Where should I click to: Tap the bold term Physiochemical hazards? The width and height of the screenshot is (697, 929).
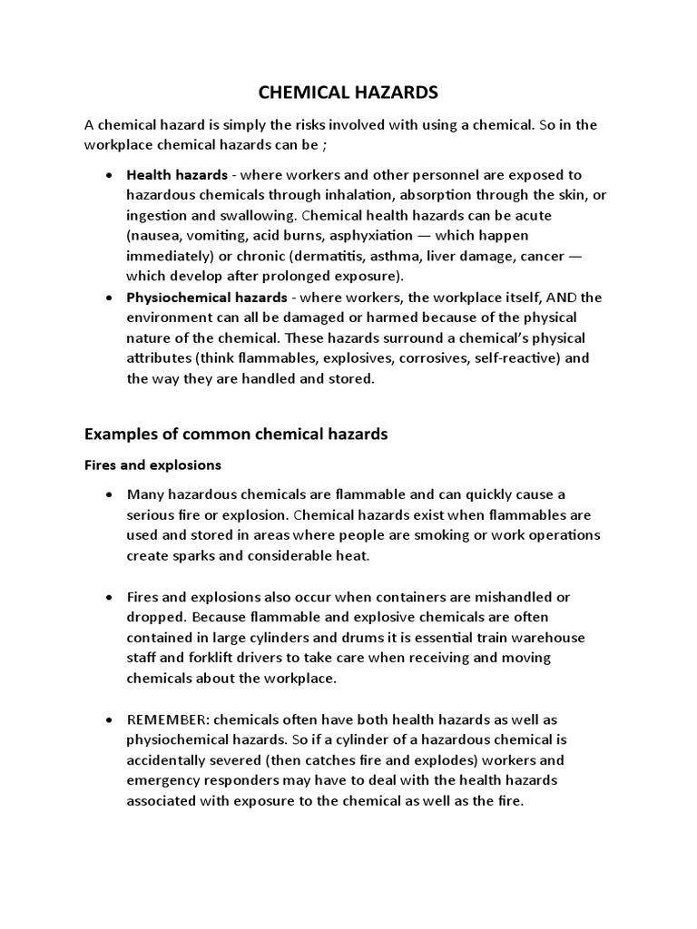[207, 298]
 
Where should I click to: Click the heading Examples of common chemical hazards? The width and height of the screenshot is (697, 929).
[235, 435]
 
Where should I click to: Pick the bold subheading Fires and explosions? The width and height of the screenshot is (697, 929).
[152, 465]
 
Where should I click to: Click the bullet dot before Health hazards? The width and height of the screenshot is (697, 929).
[110, 174]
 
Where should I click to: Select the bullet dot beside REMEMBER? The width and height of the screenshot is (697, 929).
[110, 719]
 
